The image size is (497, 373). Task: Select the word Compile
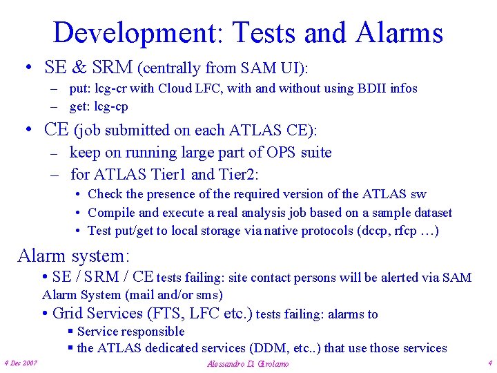pyautogui.click(x=112, y=213)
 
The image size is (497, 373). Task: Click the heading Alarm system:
pyautogui.click(x=73, y=256)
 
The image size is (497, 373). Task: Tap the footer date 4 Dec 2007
pyautogui.click(x=21, y=363)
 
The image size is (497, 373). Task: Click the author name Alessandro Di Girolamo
pyautogui.click(x=248, y=363)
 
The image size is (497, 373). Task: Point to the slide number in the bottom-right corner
pyautogui.click(x=489, y=363)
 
